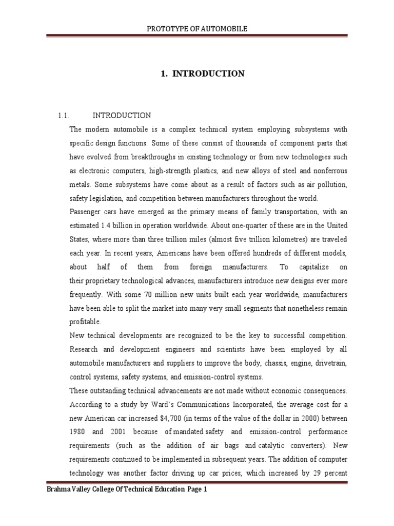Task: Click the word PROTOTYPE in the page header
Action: [x=178, y=29]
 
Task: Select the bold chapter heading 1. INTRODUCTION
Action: [x=203, y=74]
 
